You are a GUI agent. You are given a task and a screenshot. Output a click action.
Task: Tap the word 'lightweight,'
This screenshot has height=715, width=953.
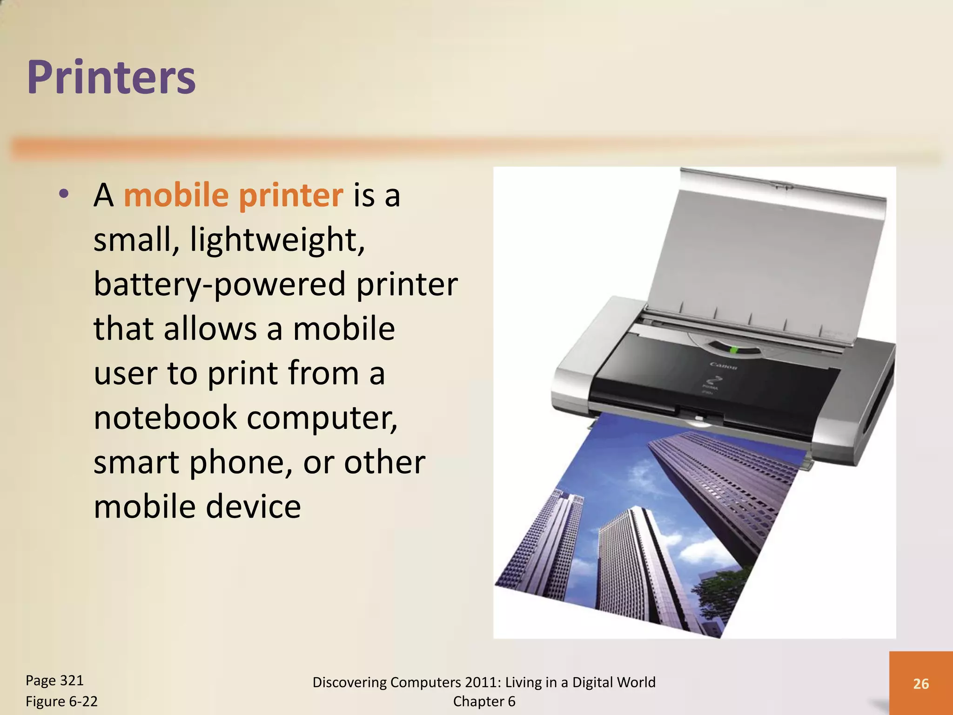coord(277,240)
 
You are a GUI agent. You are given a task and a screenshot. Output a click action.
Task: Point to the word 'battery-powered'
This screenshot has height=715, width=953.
coord(219,284)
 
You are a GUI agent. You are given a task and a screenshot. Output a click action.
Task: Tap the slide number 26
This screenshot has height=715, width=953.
coord(921,683)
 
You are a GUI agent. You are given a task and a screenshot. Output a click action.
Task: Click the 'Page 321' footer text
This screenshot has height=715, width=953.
coord(54,681)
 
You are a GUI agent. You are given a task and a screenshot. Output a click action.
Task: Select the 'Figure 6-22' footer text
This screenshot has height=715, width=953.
coord(61,701)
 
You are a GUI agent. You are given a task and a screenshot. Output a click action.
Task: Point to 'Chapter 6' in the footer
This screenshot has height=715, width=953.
coord(484,701)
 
